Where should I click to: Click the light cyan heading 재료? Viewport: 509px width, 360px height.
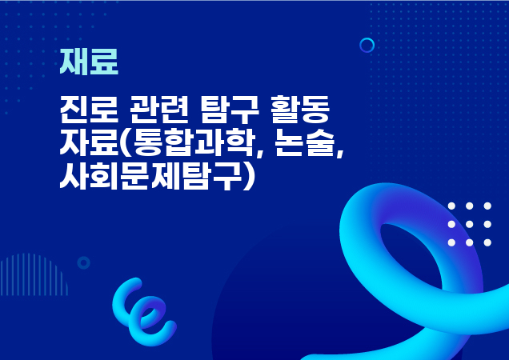click(x=89, y=62)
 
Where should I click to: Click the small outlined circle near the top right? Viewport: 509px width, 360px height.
click(x=367, y=45)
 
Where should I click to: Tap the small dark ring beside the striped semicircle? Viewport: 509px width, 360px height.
click(x=83, y=262)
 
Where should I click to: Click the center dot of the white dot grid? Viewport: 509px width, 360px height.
click(x=470, y=224)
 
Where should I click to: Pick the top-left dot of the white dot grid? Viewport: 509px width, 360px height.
click(x=451, y=206)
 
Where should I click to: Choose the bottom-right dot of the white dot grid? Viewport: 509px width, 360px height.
click(x=488, y=242)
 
